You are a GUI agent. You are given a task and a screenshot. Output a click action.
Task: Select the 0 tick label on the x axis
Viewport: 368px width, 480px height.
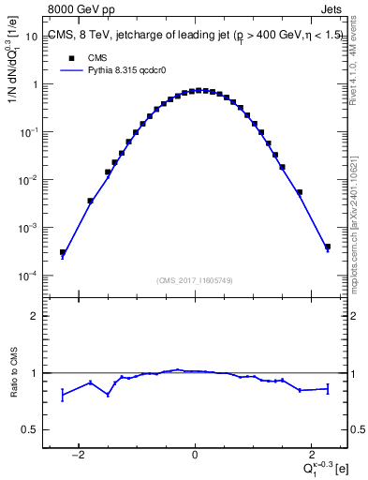click(x=195, y=456)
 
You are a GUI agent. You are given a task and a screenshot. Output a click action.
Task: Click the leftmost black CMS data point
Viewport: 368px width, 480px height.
click(x=62, y=252)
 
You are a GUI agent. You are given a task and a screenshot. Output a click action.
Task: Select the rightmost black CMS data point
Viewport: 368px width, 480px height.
click(x=328, y=247)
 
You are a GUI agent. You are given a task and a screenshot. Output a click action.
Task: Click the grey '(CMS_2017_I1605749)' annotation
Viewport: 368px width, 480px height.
click(x=194, y=280)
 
